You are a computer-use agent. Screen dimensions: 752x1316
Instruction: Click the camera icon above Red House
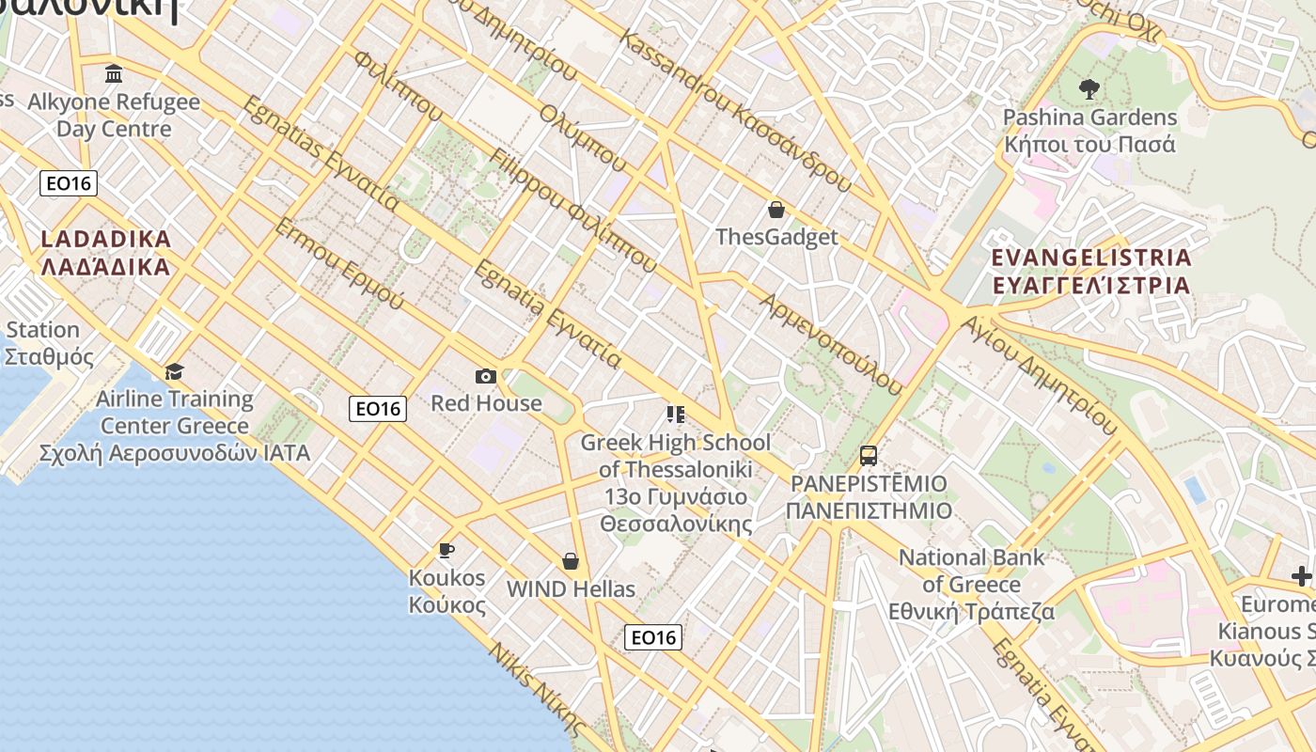click(485, 377)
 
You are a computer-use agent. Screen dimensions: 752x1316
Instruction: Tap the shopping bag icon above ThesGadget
click(776, 210)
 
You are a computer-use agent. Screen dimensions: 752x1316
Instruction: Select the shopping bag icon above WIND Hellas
click(570, 562)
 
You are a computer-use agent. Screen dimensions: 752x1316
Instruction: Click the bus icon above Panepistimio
click(869, 456)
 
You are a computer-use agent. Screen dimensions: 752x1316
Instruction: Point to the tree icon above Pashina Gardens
click(1089, 90)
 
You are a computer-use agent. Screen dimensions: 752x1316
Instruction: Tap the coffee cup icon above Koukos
click(446, 550)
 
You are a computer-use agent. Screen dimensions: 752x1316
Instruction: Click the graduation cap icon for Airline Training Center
click(174, 372)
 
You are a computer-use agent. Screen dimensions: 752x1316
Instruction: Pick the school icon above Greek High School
click(675, 415)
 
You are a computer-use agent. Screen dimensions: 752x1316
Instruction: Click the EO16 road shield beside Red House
click(378, 409)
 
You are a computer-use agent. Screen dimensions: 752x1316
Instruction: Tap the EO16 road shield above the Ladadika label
click(69, 183)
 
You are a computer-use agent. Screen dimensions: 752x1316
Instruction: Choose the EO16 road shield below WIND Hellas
click(653, 637)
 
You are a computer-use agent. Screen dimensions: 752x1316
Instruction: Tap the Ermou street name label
click(337, 264)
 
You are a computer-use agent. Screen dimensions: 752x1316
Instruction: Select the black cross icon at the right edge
click(1301, 576)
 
